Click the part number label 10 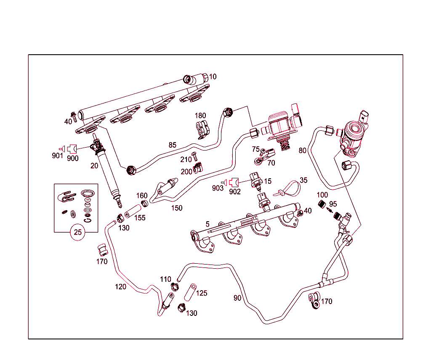pyautogui.click(x=213, y=77)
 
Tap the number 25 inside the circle pyautogui.click(x=78, y=231)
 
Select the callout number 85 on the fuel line pyautogui.click(x=172, y=145)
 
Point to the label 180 pyautogui.click(x=200, y=116)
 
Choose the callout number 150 pyautogui.click(x=177, y=208)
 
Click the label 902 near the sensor pyautogui.click(x=235, y=192)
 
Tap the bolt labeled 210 pyautogui.click(x=194, y=157)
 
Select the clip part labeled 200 pyautogui.click(x=197, y=169)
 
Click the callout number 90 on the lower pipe pyautogui.click(x=238, y=298)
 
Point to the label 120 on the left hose pyautogui.click(x=120, y=287)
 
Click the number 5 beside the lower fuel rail pyautogui.click(x=208, y=224)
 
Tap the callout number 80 pyautogui.click(x=302, y=150)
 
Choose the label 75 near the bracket pyautogui.click(x=255, y=149)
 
